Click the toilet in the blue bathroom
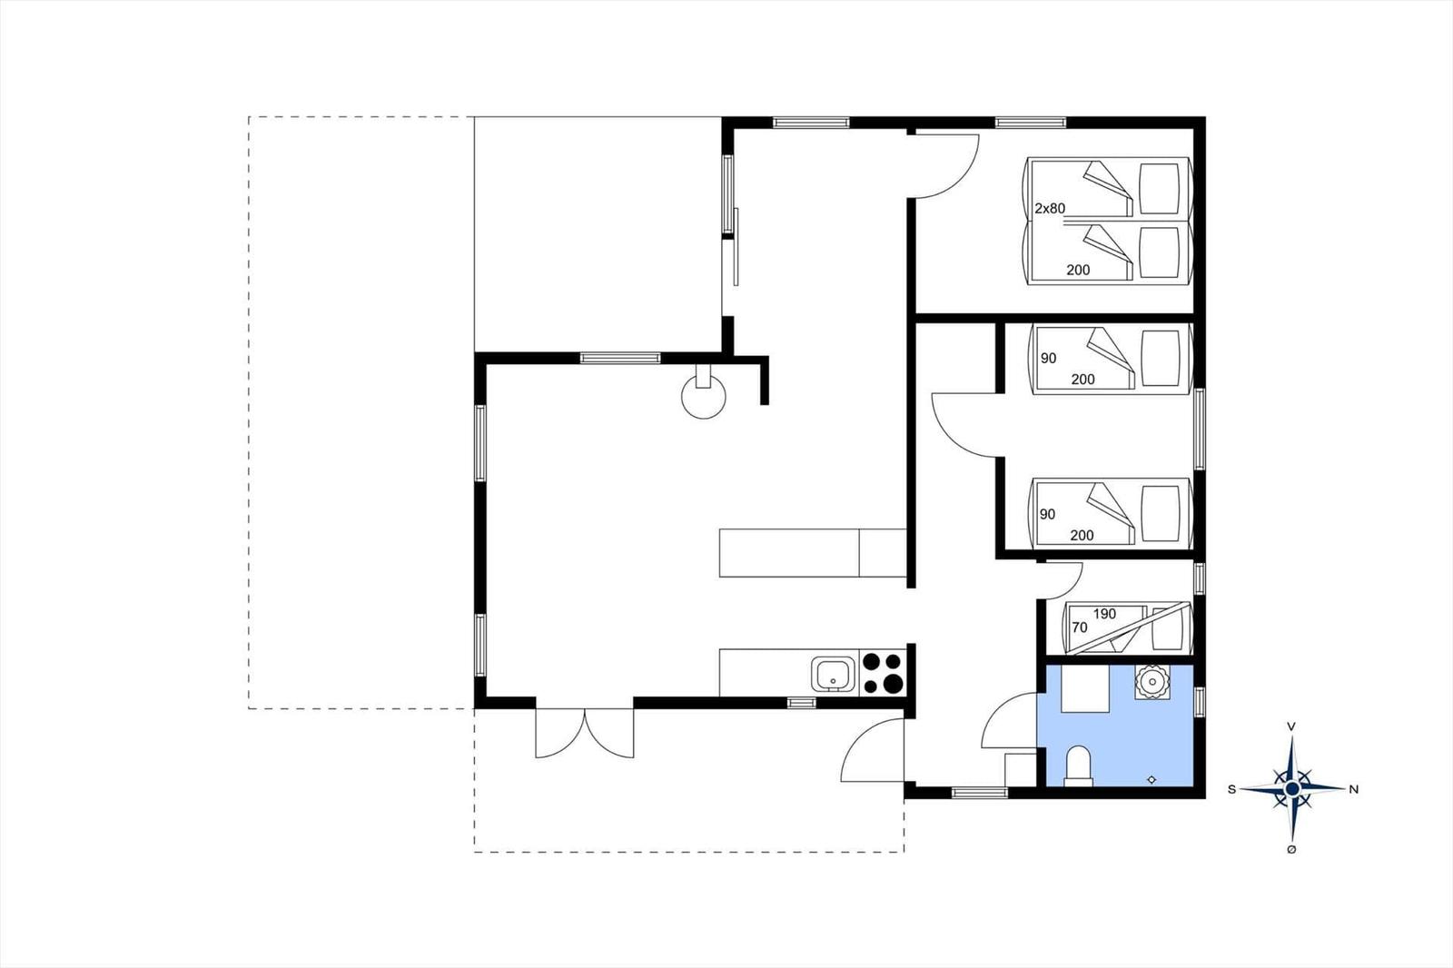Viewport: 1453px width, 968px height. coord(1079,766)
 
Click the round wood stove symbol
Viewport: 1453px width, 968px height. coord(704,397)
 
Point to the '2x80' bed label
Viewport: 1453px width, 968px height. coord(1050,208)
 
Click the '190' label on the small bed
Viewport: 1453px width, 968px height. coord(1104,614)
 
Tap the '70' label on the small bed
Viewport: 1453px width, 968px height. coord(1080,627)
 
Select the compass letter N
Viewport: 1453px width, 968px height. coord(1354,790)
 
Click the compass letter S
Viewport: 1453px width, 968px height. coord(1231,790)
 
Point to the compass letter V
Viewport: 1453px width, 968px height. coord(1292,726)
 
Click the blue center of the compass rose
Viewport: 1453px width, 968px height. coord(1292,789)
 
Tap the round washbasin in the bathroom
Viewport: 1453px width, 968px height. coord(1152,681)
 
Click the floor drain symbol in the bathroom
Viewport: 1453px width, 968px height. coord(1152,779)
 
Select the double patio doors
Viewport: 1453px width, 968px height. coord(585,733)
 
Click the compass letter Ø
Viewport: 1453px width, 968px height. coord(1291,850)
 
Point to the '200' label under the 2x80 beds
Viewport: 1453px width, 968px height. coord(1078,270)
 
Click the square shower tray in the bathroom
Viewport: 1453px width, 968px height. coord(1085,688)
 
